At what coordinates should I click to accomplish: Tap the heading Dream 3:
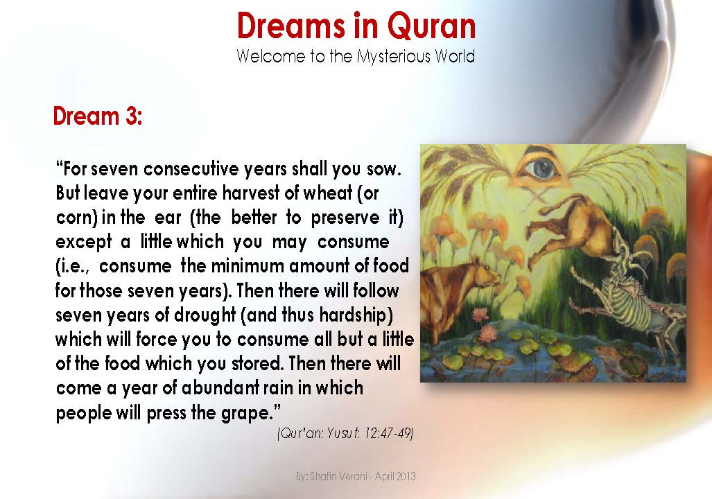point(98,116)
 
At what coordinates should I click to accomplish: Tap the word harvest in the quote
point(238,194)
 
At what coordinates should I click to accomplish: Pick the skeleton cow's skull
point(638,256)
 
